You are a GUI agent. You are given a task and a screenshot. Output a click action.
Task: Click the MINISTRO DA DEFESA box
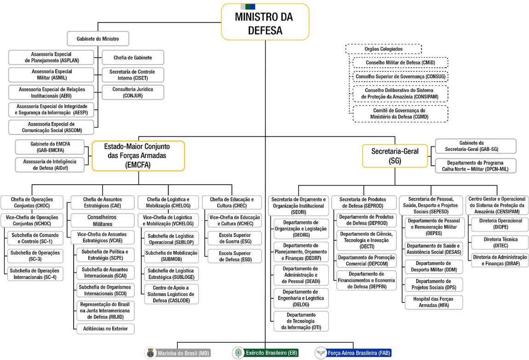click(264, 22)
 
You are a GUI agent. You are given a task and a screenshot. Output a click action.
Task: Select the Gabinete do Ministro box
click(98, 39)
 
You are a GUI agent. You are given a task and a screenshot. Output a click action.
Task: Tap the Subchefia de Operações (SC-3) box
click(35, 255)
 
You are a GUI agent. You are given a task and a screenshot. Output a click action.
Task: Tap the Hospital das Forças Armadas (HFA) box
click(433, 302)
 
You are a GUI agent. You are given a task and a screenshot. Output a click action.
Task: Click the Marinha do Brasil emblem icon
click(150, 353)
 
